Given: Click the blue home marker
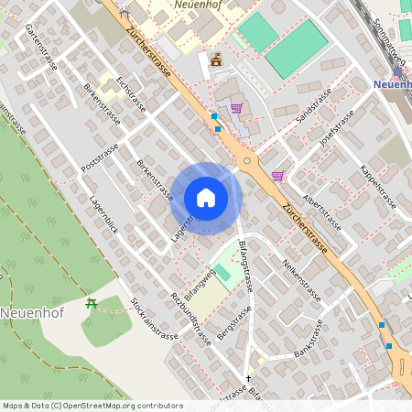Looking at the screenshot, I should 206,198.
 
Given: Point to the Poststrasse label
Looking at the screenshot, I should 101,157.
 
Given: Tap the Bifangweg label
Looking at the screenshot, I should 200,286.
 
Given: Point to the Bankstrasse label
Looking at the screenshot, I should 310,340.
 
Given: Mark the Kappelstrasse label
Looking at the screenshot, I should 376,187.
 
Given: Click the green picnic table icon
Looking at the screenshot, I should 90,304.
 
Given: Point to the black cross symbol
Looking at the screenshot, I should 247,376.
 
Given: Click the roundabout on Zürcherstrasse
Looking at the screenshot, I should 246,162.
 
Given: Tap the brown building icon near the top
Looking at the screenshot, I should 216,60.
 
